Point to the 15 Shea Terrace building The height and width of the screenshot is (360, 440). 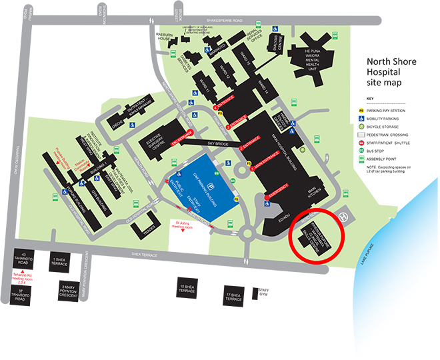pyautogui.click(x=187, y=289)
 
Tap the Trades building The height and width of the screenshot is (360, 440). pyautogui.click(x=147, y=227)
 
